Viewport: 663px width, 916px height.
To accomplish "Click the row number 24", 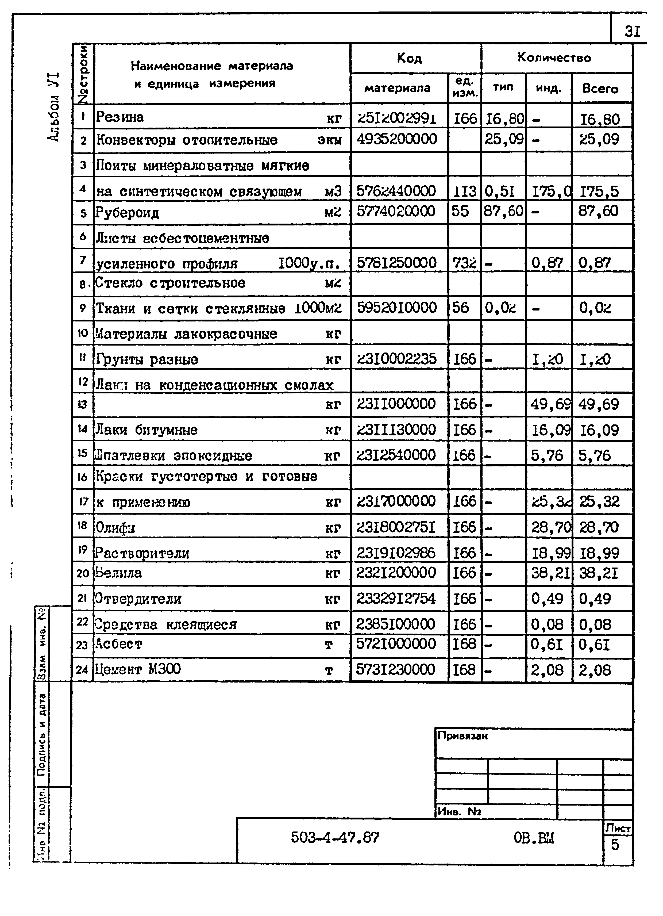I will pyautogui.click(x=82, y=670).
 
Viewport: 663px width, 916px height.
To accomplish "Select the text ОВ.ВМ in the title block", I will pyautogui.click(x=534, y=838).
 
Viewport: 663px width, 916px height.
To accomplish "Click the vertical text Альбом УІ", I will pyautogui.click(x=54, y=107).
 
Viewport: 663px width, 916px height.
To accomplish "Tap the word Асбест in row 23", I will pyautogui.click(x=118, y=644).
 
